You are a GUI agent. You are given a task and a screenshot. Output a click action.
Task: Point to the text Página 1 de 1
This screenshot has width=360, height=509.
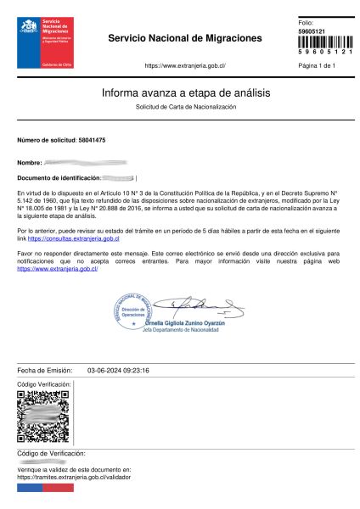pos(318,65)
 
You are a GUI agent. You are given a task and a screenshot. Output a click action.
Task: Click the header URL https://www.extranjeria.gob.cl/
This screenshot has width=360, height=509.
pos(185,65)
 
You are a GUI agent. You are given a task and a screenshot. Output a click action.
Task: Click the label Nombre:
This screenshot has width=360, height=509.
pos(30,161)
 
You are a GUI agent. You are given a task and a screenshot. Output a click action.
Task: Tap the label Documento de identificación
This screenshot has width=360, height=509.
pos(59,177)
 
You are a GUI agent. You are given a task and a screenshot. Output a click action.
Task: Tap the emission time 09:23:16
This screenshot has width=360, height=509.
pos(137,371)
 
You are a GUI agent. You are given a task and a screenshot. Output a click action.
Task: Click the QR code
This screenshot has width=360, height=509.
pos(42,417)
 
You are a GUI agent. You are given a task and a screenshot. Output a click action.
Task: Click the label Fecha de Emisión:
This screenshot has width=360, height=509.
pos(42,371)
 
